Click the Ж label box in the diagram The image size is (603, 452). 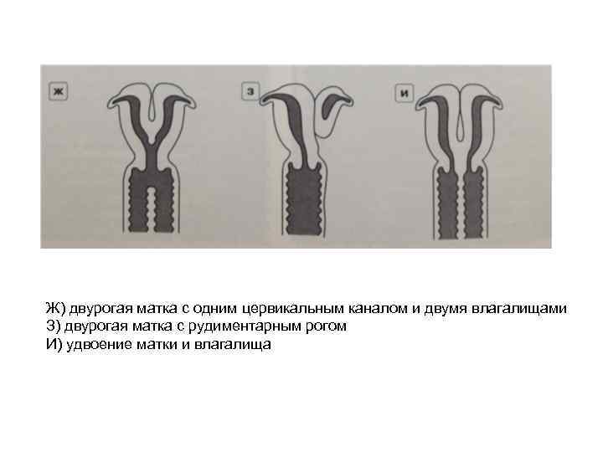59,91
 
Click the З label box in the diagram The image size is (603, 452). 250,91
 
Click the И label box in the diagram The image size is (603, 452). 405,93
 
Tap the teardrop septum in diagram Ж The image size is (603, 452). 152,108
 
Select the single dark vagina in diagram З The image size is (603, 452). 304,198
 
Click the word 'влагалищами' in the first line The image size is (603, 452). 518,309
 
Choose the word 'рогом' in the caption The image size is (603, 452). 326,327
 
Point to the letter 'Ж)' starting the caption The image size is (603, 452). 55,309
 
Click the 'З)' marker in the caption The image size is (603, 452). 54,326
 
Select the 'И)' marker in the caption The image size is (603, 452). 54,344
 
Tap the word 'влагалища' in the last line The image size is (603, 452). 232,345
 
